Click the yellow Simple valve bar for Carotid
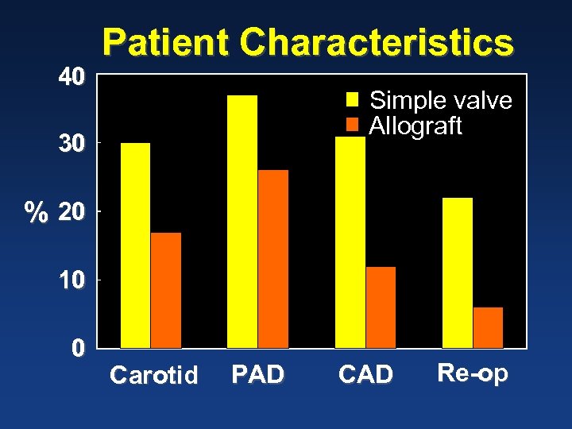click(135, 245)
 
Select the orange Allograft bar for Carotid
click(166, 290)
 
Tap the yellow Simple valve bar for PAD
click(242, 222)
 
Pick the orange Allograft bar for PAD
click(273, 259)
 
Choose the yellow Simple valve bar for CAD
click(350, 242)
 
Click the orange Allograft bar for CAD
click(381, 307)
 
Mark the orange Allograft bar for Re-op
click(488, 327)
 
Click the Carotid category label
click(153, 375)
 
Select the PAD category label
click(257, 374)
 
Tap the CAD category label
click(365, 374)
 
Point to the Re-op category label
click(473, 373)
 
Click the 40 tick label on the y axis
click(71, 77)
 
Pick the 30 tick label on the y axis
click(71, 145)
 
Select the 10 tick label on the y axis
click(71, 281)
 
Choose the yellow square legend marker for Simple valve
click(354, 100)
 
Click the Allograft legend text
click(415, 126)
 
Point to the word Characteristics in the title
click(377, 43)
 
